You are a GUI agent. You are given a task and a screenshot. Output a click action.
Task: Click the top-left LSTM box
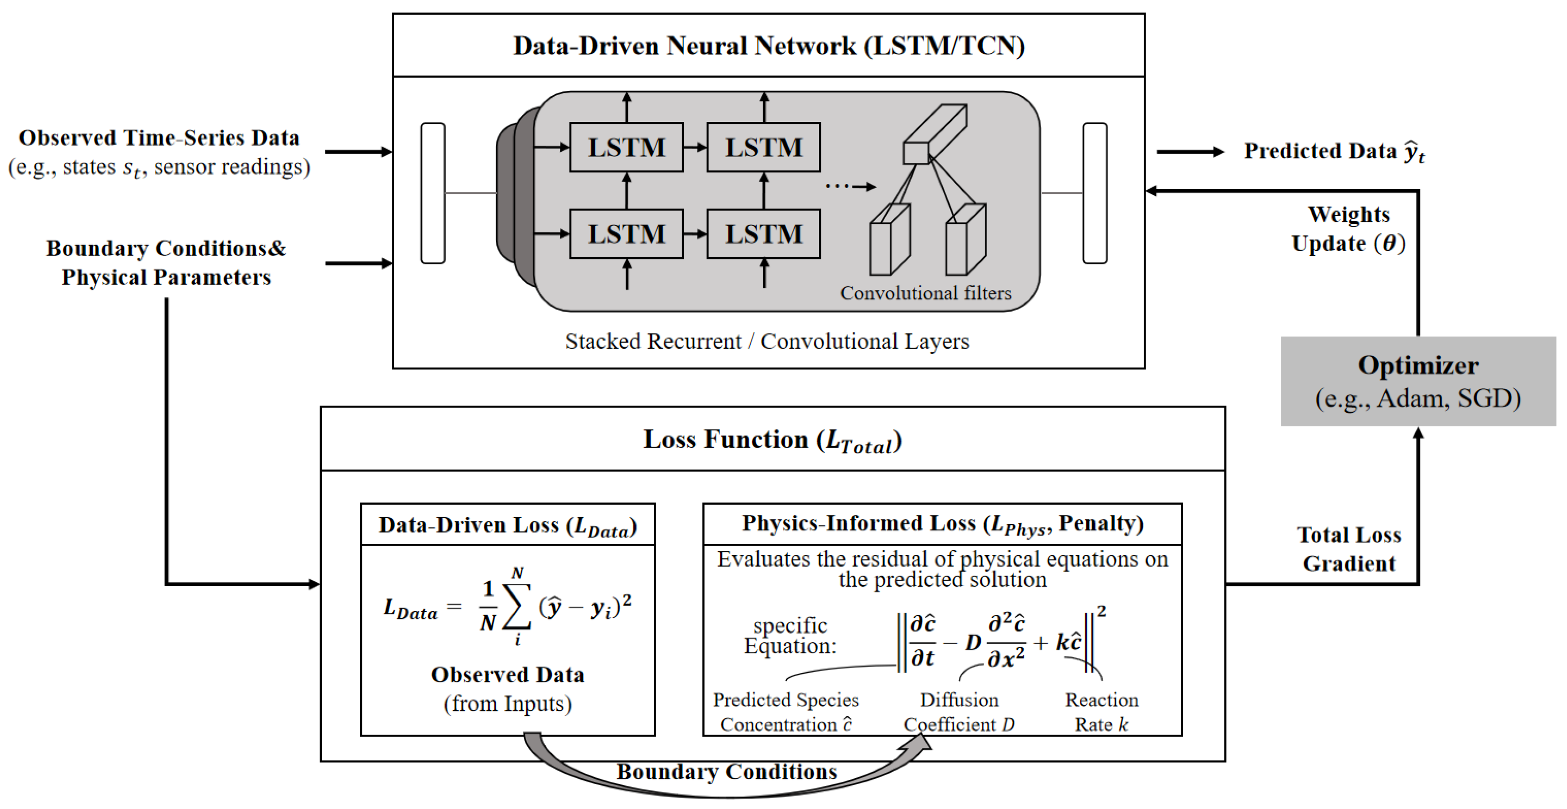(x=626, y=147)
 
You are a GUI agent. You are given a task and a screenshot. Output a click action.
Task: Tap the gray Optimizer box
(x=1418, y=381)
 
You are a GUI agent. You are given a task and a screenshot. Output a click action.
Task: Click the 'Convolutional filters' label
(x=925, y=293)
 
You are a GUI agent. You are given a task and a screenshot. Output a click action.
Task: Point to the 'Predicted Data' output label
(x=1334, y=151)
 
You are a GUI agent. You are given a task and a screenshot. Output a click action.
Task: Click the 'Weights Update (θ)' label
(x=1348, y=230)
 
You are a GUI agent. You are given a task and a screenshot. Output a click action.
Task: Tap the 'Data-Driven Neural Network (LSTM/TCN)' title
(x=769, y=46)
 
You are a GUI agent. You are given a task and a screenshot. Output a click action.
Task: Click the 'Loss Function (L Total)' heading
(x=773, y=440)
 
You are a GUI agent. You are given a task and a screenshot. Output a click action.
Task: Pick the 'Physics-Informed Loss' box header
(x=942, y=524)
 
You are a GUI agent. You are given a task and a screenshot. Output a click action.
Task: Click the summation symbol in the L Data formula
(x=517, y=607)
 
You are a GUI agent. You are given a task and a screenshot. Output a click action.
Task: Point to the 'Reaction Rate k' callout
(x=1102, y=712)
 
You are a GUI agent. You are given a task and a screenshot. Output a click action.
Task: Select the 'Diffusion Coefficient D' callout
(x=959, y=712)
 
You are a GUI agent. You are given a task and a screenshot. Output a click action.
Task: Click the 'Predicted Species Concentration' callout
(x=785, y=712)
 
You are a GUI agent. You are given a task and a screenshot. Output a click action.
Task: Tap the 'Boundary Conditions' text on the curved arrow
(x=727, y=772)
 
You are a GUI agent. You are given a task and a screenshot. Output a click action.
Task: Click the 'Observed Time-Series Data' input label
(x=159, y=138)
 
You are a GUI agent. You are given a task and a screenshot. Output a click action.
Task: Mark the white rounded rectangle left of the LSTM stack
(x=432, y=193)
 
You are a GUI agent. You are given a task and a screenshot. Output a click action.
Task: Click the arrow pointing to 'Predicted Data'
(x=1190, y=151)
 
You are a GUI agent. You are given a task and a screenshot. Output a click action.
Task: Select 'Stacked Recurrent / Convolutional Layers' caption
(x=767, y=342)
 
